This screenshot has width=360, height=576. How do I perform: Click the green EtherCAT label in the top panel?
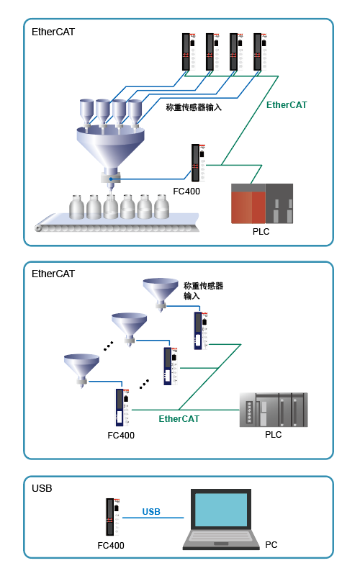(287, 105)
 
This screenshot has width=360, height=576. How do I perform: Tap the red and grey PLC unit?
(262, 204)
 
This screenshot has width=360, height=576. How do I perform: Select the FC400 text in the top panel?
(186, 192)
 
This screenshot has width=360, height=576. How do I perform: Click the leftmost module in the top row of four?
(189, 52)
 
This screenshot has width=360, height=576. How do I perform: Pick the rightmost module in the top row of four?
(260, 52)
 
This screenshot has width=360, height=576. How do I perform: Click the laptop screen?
(221, 510)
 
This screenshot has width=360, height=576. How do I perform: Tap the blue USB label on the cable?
(151, 512)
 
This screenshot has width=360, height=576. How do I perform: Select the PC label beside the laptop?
(271, 545)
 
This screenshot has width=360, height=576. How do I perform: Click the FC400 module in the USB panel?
(113, 517)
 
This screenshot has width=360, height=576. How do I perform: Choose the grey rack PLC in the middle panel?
(274, 410)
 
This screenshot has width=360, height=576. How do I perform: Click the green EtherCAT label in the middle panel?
(179, 419)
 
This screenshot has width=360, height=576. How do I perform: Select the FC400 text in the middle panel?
(121, 436)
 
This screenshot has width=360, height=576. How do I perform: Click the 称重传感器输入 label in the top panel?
(194, 107)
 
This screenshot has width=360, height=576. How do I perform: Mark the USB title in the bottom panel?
(42, 488)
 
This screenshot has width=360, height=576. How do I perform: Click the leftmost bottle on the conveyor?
(77, 207)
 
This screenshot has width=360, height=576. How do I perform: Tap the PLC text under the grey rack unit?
(274, 435)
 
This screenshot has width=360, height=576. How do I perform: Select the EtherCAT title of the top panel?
(53, 32)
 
